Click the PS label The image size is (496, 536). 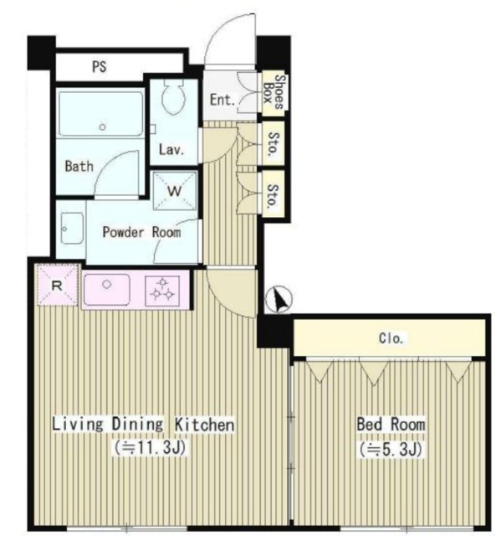pos(100,67)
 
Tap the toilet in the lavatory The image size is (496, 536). pos(174,97)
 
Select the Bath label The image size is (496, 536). pos(79,167)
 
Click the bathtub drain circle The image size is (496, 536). pos(102,127)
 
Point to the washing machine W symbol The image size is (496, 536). pos(175,191)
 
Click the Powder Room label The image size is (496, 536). pos(141,233)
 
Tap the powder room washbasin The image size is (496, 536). pos(72,228)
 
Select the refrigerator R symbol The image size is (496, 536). pos(57,286)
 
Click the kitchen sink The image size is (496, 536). pos(107,290)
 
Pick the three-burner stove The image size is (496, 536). pos(162,291)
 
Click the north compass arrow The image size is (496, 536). pos(279,300)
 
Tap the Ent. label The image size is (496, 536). pos(222,100)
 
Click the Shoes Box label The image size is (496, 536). pos(274,91)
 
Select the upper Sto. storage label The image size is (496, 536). pos(274,144)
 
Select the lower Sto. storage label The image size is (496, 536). pos(274,196)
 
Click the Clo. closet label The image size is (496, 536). pos(391,338)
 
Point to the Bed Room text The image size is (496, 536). pos(391,425)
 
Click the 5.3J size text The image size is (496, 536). pos(391,449)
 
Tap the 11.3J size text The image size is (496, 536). pos(151,447)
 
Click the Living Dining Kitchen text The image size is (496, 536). pos(143,425)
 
